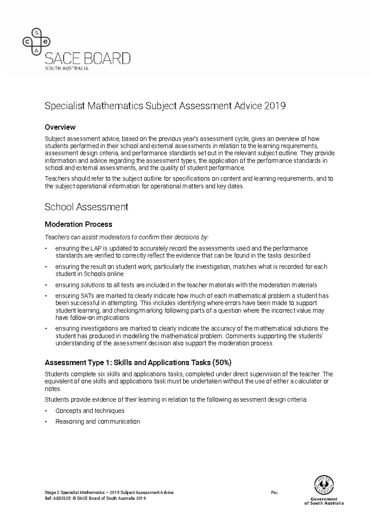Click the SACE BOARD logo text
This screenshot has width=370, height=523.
(x=88, y=58)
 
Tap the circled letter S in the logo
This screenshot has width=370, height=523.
(x=36, y=32)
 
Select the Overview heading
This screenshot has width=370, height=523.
(x=60, y=127)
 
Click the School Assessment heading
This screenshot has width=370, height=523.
(x=86, y=207)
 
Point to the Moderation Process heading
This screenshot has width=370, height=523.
(x=78, y=224)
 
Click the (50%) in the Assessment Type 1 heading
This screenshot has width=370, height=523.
(x=222, y=363)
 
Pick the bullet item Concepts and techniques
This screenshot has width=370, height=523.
(x=90, y=411)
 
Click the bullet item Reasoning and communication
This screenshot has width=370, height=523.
(x=97, y=421)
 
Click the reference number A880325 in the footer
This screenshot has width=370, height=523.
(x=62, y=498)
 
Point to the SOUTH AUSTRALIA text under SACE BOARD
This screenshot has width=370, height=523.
(x=67, y=68)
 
